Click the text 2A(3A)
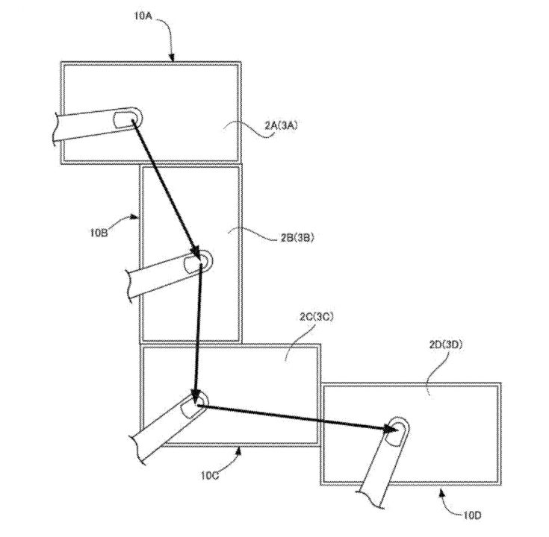(x=280, y=126)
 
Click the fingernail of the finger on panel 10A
(x=124, y=119)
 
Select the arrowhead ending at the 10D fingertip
(x=389, y=428)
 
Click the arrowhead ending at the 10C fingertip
(x=195, y=392)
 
